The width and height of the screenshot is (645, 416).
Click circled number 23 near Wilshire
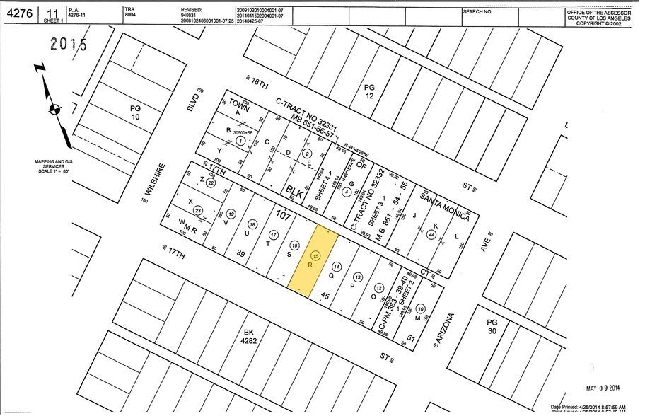pyautogui.click(x=199, y=210)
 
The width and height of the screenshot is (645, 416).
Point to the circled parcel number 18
pyautogui.click(x=252, y=224)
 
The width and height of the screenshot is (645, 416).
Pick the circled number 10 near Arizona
pyautogui.click(x=422, y=308)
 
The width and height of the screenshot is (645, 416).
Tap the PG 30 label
pyautogui.click(x=492, y=327)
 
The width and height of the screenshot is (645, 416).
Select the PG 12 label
pyautogui.click(x=368, y=91)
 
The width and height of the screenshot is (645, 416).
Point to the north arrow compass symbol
pyautogui.click(x=54, y=108)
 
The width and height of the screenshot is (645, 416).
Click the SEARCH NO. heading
pyautogui.click(x=477, y=12)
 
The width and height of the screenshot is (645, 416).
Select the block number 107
pyautogui.click(x=283, y=215)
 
